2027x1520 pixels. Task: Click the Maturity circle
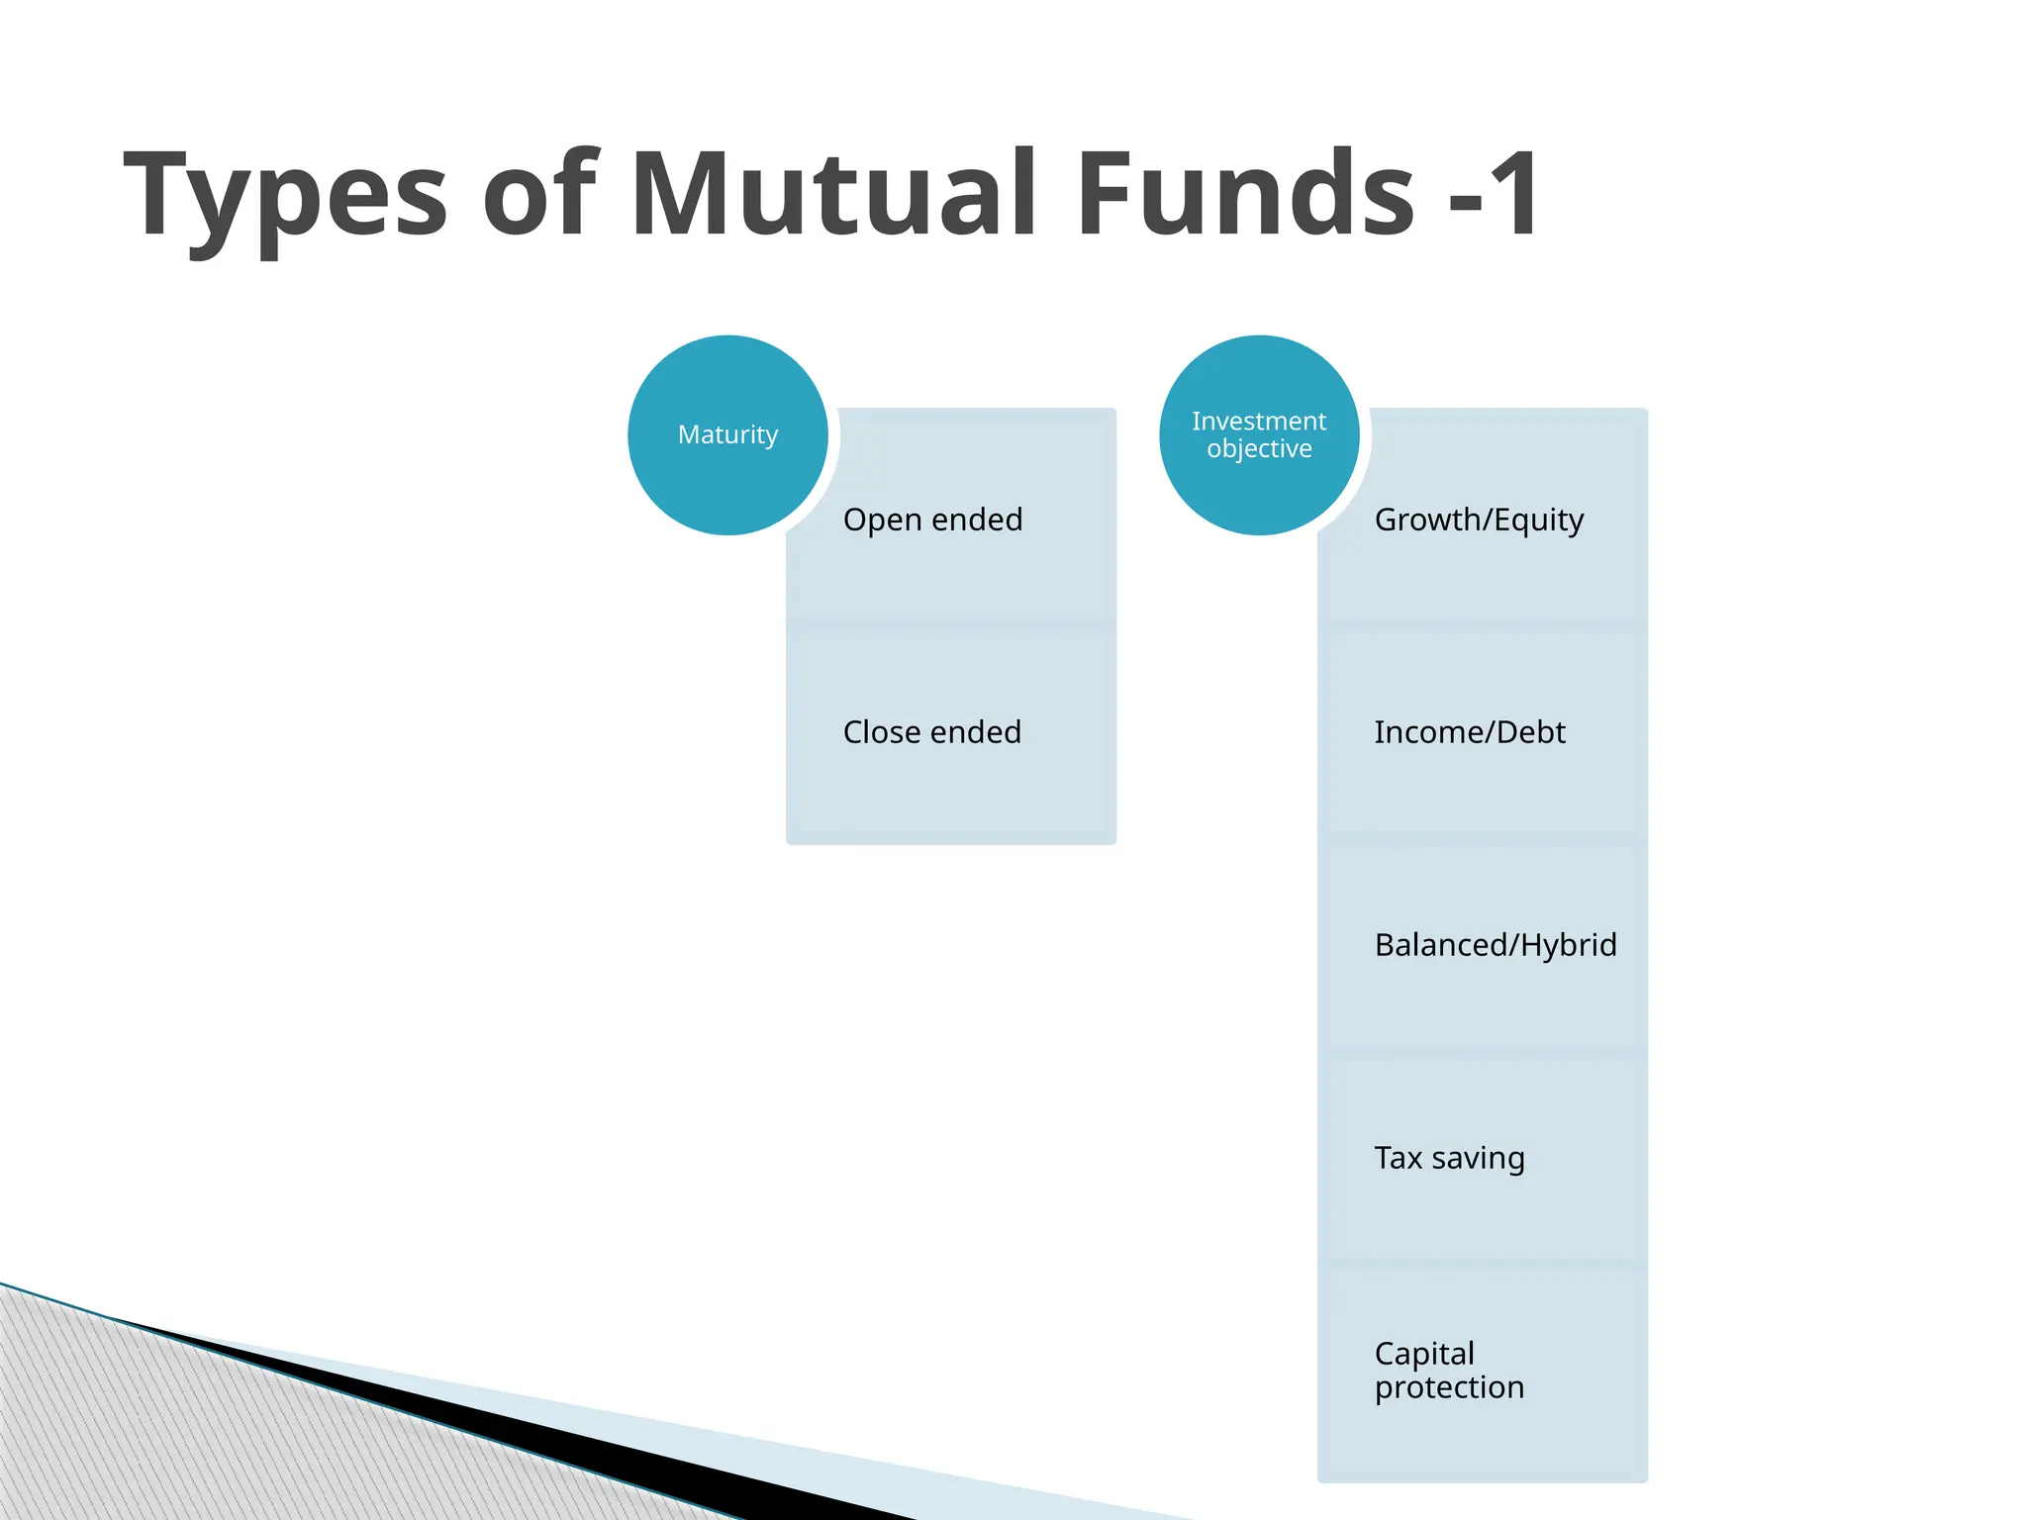727,435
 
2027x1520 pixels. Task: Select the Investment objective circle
1259,435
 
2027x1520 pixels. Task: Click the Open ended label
932,520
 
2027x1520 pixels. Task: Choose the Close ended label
931,732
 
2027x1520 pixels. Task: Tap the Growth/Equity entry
1479,520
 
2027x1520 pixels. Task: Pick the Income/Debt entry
1470,732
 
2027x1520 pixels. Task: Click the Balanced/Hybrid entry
1495,945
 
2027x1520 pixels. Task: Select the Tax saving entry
1449,1158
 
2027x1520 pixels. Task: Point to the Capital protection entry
1449,1371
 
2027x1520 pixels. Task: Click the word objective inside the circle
1259,449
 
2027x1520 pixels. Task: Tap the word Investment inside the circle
1259,422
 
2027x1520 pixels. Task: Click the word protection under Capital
1449,1387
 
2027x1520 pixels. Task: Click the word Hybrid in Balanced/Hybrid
1568,945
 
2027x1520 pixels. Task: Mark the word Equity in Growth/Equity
1538,521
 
